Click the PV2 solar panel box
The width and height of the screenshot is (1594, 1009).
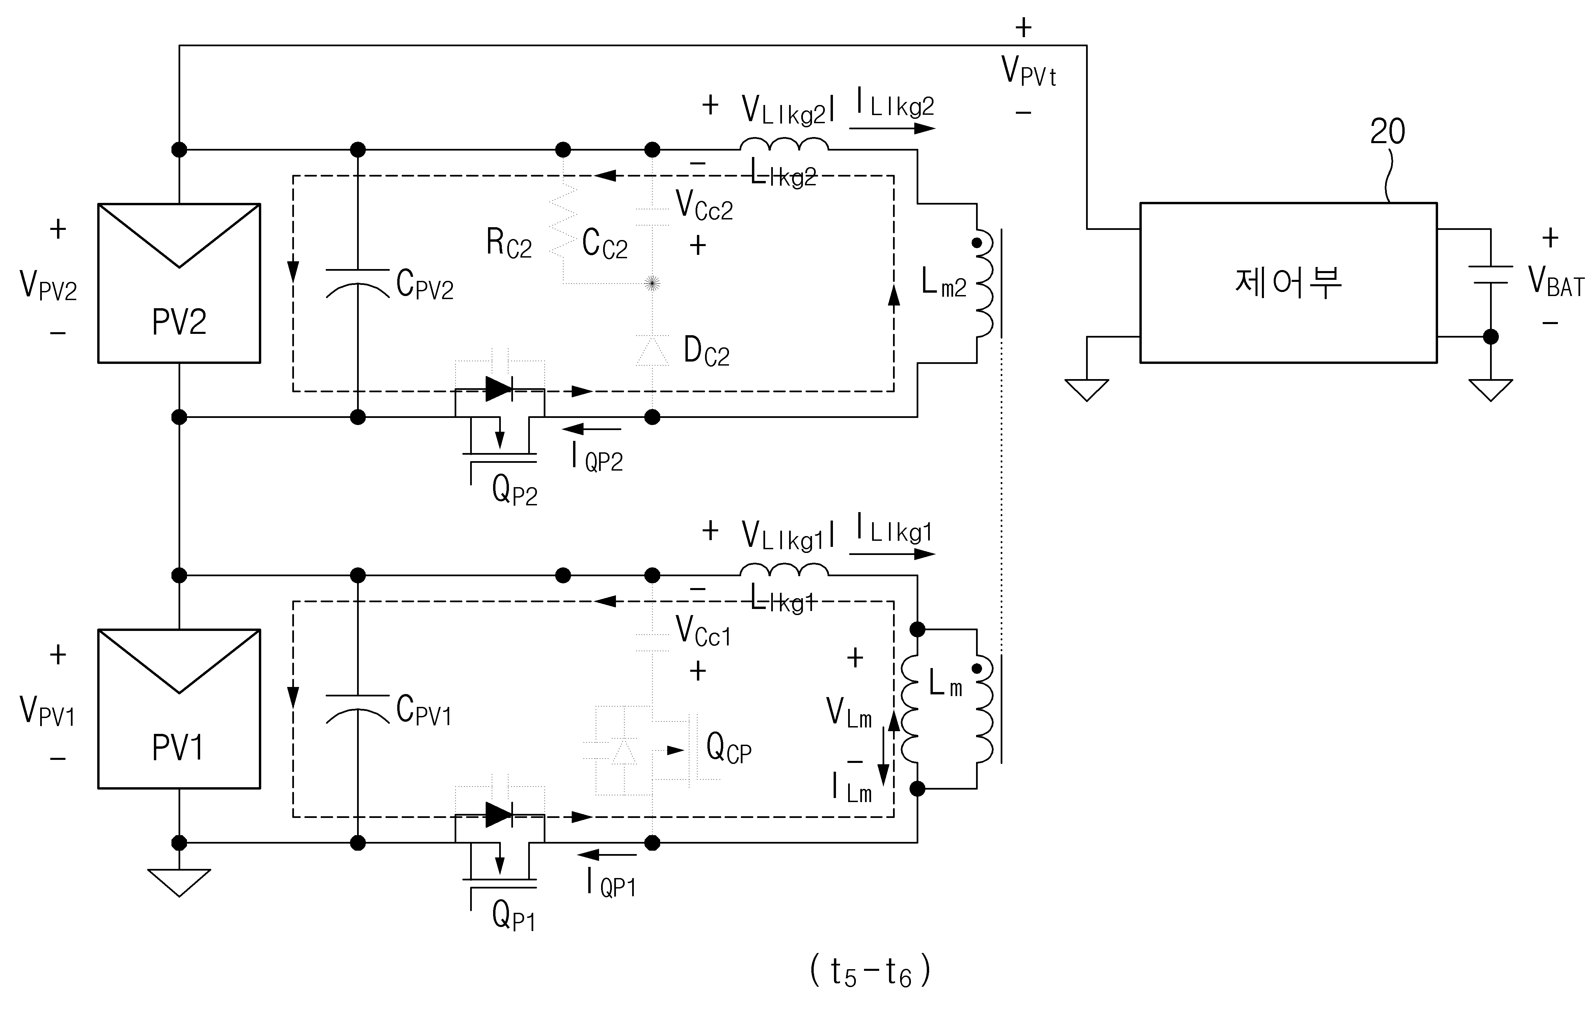tap(179, 283)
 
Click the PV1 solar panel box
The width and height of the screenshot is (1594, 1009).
tap(179, 709)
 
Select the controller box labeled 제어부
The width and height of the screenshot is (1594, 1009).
tap(1288, 283)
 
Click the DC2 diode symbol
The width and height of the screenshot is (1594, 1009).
tap(652, 351)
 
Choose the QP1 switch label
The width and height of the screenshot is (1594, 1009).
tap(514, 916)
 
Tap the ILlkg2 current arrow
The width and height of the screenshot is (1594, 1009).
tap(892, 128)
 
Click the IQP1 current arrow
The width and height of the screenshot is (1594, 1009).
tap(598, 855)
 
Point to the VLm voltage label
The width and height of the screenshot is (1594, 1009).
tap(848, 713)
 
